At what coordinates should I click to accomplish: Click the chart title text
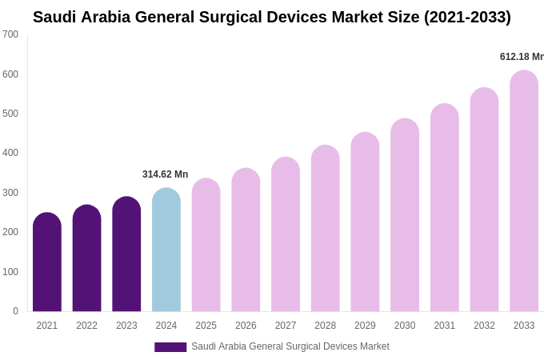272,17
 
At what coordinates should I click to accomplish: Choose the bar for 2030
405,215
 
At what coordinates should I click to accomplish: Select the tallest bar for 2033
524,191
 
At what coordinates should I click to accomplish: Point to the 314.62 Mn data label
165,174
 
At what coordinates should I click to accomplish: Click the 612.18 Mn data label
522,57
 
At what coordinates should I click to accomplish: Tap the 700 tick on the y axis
10,34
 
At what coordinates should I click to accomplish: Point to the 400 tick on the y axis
10,153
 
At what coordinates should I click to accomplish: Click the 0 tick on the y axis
15,311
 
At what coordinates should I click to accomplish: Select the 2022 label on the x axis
86,326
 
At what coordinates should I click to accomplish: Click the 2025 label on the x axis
206,326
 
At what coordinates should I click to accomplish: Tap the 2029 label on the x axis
365,326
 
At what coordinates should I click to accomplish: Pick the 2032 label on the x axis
484,326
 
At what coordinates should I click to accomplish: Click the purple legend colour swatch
170,347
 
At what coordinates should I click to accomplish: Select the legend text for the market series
290,346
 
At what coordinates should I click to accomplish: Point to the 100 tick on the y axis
10,272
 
